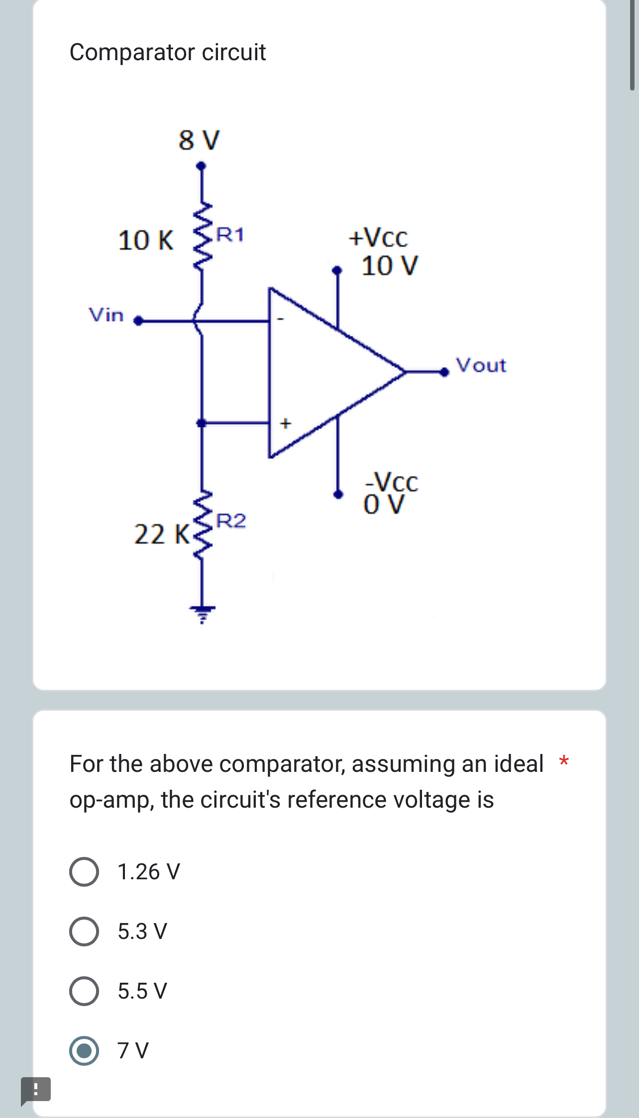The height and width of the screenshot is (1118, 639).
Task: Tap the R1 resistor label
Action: (x=230, y=234)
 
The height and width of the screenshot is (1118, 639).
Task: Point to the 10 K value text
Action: (x=146, y=240)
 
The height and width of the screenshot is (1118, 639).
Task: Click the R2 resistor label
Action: (x=231, y=521)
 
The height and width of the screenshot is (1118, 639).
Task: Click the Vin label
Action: (x=106, y=315)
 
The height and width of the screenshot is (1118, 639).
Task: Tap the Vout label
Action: (x=481, y=366)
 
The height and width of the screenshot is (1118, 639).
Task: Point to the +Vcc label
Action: (x=378, y=238)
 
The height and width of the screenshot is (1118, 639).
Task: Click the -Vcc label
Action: (x=392, y=481)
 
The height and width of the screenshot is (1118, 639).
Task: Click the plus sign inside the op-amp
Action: (x=285, y=424)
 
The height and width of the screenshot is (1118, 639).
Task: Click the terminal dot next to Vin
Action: (x=138, y=321)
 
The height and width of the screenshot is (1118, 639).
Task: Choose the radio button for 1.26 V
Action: (x=84, y=872)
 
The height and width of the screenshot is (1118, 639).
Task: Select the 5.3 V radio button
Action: (x=84, y=932)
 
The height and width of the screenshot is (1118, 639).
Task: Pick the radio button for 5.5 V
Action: (x=84, y=991)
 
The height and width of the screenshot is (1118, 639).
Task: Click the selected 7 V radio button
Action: (x=84, y=1051)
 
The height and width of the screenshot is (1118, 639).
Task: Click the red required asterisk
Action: (x=563, y=761)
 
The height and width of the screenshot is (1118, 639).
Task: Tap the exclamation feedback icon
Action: (x=36, y=1090)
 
